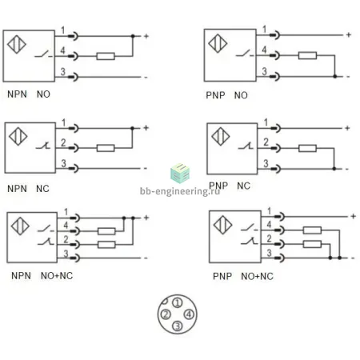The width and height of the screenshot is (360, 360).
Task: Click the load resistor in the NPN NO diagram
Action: point(106,56)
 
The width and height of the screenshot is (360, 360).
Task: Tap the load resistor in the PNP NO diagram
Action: point(307,55)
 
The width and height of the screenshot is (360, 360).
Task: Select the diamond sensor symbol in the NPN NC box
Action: point(18,136)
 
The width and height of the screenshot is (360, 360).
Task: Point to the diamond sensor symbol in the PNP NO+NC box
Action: point(223,225)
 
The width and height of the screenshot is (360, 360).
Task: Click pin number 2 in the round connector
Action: point(166,314)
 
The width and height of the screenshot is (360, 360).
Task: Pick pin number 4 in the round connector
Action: point(189,314)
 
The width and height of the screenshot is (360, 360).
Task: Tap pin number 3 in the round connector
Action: point(178,326)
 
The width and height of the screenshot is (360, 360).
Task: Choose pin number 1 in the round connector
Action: point(178,302)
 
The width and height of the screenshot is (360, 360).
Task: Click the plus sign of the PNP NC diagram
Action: point(347,128)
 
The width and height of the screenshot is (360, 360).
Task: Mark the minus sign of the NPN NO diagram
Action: point(146,78)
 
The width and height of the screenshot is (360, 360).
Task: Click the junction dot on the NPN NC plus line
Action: point(132,128)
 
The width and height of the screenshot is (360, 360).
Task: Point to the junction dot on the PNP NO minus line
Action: point(335,77)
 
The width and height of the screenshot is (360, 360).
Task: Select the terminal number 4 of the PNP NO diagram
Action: point(264,50)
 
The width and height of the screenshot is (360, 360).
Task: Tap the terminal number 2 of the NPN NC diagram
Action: point(63,142)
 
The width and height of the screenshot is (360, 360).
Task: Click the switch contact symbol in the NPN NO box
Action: point(44,54)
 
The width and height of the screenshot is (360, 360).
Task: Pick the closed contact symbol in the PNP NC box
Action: point(246,146)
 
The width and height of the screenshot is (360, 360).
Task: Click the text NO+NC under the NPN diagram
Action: point(57,276)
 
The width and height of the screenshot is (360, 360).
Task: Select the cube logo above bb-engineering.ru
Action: point(180,173)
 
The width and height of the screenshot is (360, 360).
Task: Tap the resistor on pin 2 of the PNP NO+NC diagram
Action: point(312,244)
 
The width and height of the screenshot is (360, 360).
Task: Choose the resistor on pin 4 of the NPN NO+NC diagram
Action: point(106,231)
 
